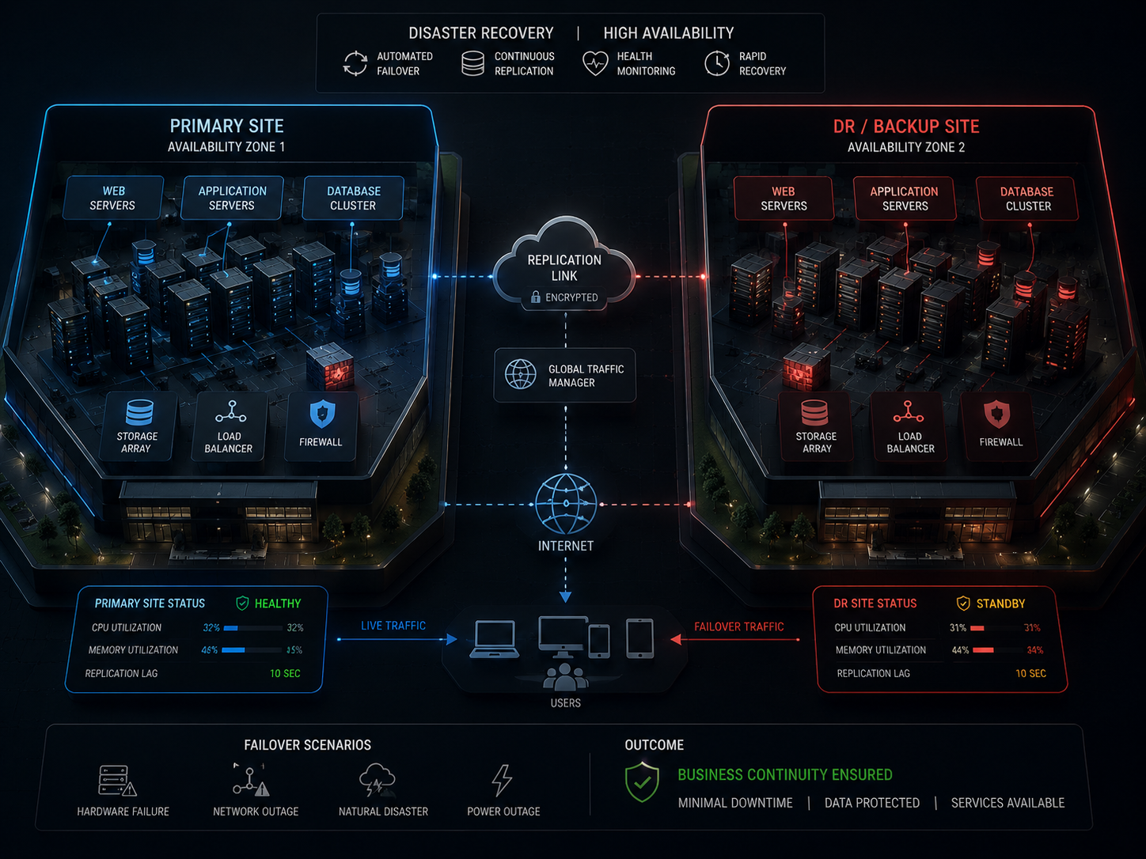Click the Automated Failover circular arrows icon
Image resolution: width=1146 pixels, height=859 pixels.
tap(355, 63)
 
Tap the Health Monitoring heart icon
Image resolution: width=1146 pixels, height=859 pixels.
tap(595, 63)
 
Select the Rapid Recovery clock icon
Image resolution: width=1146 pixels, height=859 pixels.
tap(717, 63)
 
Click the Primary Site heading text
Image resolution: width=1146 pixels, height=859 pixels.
tap(226, 126)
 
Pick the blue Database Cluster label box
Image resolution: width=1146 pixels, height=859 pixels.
tap(354, 199)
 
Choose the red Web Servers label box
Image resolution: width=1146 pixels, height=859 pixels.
tap(784, 199)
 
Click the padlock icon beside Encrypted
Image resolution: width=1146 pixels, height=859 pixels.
tap(535, 297)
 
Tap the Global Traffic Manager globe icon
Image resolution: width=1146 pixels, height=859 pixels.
tap(520, 374)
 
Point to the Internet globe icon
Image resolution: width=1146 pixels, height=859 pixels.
tap(566, 504)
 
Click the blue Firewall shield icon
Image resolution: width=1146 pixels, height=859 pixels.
tap(322, 414)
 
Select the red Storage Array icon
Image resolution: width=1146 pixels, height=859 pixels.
tap(814, 413)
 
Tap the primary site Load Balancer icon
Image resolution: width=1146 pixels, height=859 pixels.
tap(230, 411)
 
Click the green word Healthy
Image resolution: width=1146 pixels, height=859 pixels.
tap(278, 604)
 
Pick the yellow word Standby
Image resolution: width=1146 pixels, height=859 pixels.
tap(1000, 604)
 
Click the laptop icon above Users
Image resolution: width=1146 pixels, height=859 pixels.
tap(494, 639)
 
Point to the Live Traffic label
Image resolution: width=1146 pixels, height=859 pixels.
tap(393, 626)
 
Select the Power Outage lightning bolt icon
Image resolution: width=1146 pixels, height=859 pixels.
tap(502, 780)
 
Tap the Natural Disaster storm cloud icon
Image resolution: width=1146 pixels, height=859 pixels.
tap(377, 780)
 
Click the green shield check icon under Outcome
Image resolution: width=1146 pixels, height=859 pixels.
tap(642, 782)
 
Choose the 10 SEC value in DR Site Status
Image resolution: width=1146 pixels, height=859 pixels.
tap(1030, 673)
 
